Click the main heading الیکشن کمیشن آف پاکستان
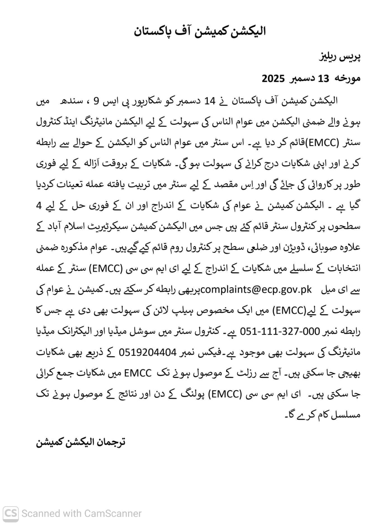point(200,31)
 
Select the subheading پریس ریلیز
point(340,57)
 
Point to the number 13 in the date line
point(323,79)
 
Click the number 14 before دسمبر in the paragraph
point(210,101)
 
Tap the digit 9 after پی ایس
point(97,101)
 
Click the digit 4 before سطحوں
point(39,206)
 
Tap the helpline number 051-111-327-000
point(280,331)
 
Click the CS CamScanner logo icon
point(11,513)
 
